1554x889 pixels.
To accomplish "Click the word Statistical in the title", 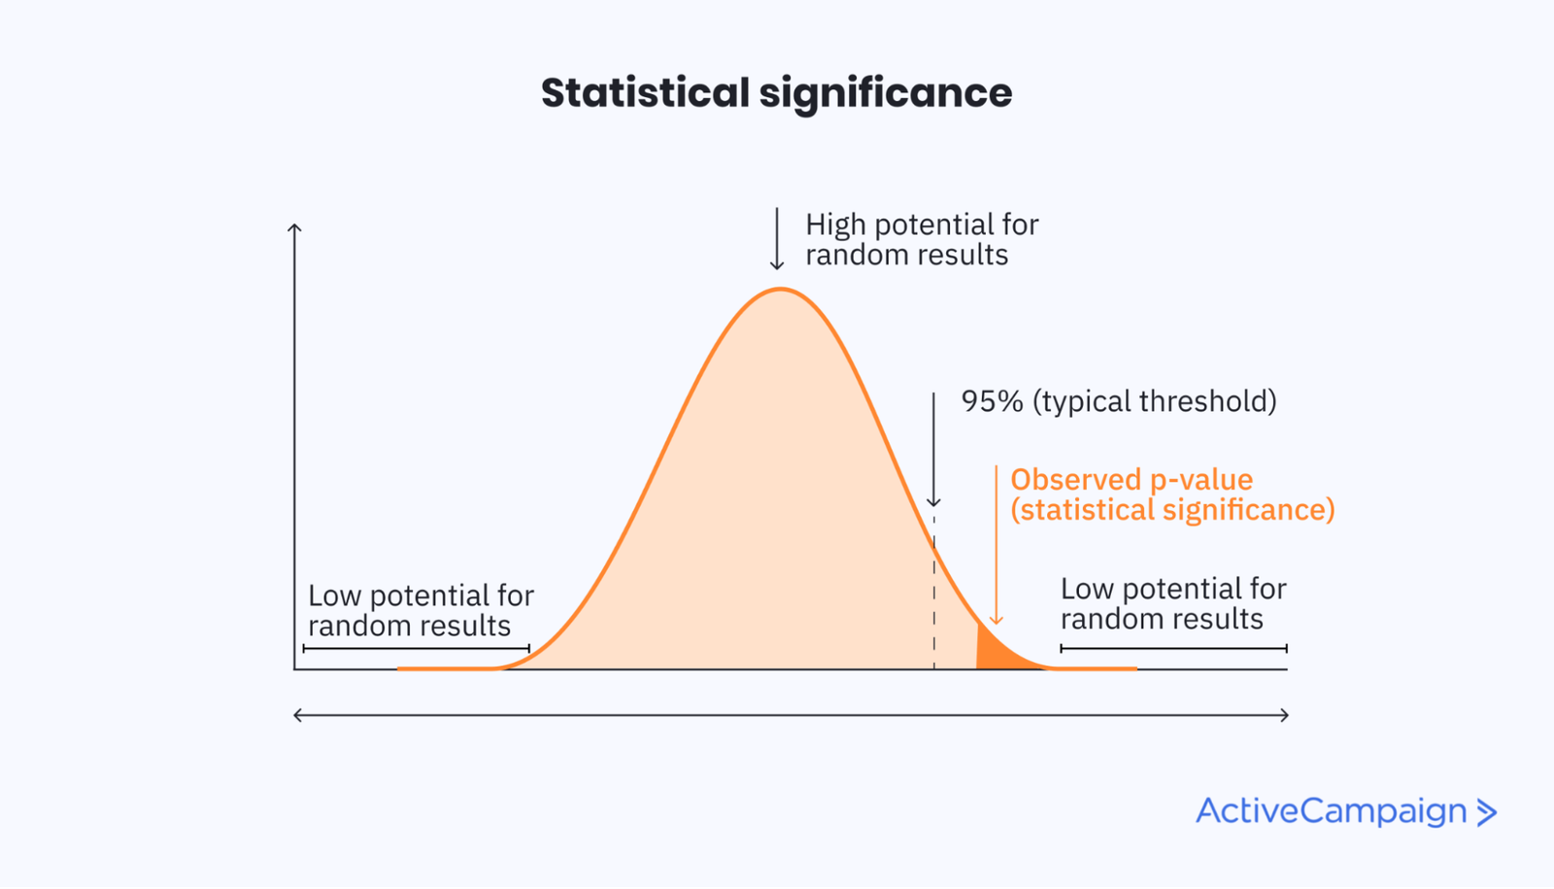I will (645, 93).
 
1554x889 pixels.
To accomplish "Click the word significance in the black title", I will (885, 93).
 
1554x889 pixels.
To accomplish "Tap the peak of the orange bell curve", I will (780, 290).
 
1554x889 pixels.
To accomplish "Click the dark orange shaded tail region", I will (994, 653).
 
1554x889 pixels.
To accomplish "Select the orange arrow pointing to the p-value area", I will (996, 544).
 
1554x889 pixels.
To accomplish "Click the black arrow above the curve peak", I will (777, 238).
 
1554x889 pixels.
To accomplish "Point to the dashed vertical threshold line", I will (934, 593).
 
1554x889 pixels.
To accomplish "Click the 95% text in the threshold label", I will (992, 401).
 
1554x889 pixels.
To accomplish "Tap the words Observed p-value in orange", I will (1132, 479).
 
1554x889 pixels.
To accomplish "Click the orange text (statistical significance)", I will (1172, 510).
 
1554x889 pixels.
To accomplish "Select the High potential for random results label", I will (921, 239).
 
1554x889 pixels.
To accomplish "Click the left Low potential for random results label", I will (421, 610).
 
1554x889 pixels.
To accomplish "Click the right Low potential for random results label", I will (1172, 603).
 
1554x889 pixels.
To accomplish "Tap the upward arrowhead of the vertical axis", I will (294, 228).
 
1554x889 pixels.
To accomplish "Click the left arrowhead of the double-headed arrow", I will (298, 715).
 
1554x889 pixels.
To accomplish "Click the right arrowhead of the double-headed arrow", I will (1284, 715).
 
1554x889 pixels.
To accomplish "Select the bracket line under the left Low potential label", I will (416, 648).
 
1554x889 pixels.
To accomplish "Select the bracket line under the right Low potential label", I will (1173, 648).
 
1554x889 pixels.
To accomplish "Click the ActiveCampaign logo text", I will (1331, 811).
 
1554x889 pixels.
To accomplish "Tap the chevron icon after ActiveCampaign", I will (1487, 812).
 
